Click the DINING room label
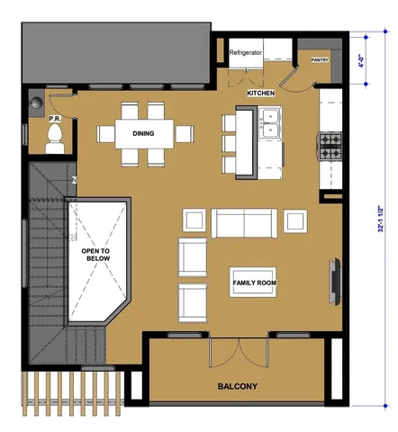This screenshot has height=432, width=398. (142, 134)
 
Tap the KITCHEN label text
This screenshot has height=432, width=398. (260, 93)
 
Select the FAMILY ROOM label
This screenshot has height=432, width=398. (254, 283)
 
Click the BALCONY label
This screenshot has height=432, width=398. (238, 387)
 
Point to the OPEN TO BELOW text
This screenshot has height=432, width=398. (97, 255)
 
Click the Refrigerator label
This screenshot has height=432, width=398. (246, 53)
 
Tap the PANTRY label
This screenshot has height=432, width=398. (320, 60)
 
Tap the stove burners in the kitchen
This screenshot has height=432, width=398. (329, 145)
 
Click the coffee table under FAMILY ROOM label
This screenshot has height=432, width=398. (254, 283)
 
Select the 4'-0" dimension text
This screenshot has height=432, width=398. (361, 63)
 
